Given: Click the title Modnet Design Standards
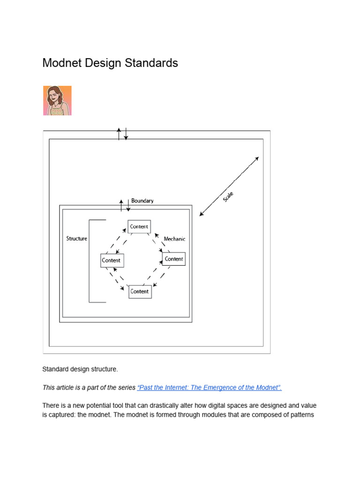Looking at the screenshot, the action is (x=110, y=63).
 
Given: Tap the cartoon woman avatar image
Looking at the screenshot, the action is (x=57, y=100).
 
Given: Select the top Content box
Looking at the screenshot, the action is (x=139, y=226).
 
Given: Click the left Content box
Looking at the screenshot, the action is (x=112, y=260).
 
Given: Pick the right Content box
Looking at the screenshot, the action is (x=174, y=259).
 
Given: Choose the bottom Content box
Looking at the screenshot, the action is (x=139, y=291).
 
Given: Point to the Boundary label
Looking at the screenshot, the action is (x=142, y=201).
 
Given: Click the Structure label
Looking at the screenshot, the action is (x=77, y=239).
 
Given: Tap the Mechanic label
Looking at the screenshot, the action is (x=174, y=239).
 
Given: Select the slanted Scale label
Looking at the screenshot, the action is (x=228, y=196).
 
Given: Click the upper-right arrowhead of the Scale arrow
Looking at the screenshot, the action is (x=256, y=158).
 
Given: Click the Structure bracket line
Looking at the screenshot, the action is (x=90, y=261).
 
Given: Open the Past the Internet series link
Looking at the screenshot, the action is (x=210, y=388).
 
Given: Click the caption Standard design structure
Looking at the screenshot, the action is (x=80, y=369).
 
